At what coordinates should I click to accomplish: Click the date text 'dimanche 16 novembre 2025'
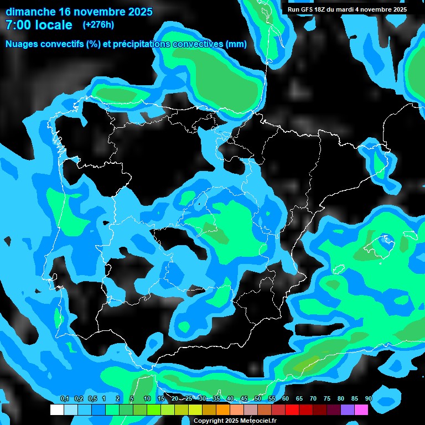(79, 12)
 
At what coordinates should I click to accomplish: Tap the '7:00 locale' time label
(39, 25)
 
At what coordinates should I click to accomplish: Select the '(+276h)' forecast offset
(98, 24)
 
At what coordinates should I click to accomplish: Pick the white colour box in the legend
(57, 410)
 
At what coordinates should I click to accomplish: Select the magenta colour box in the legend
(361, 410)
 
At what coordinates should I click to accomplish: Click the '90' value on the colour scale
(369, 398)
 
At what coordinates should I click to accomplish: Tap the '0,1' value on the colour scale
(64, 398)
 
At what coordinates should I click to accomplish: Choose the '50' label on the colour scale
(258, 398)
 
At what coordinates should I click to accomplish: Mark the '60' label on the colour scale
(286, 398)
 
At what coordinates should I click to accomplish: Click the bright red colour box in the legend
(292, 410)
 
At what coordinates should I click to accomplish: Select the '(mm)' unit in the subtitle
(236, 44)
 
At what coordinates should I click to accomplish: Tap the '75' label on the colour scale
(327, 398)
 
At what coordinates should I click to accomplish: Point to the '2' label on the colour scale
(118, 398)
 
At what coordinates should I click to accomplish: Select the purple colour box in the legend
(348, 410)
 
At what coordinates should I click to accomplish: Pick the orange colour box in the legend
(223, 410)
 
